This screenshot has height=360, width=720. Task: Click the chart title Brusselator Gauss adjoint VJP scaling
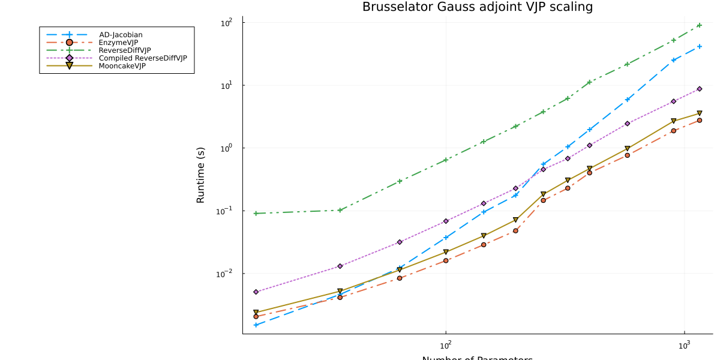(x=477, y=7)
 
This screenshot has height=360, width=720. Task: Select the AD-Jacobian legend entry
(x=121, y=35)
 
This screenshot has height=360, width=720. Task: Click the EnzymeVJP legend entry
(x=118, y=43)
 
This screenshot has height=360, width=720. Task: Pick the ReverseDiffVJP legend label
(x=124, y=50)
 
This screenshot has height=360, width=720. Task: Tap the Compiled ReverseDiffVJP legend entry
(x=143, y=58)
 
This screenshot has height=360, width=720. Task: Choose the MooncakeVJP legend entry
(x=122, y=66)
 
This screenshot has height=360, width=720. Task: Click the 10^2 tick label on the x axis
(x=445, y=346)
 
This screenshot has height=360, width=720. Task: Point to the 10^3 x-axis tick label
(x=683, y=346)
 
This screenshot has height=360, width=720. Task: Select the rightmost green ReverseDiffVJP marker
(x=700, y=25)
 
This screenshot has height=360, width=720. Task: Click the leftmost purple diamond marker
(x=256, y=292)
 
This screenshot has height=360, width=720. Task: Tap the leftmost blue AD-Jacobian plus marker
(x=256, y=325)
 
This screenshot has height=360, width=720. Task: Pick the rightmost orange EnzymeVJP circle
(x=700, y=121)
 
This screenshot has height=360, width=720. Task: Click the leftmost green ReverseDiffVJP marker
(x=256, y=214)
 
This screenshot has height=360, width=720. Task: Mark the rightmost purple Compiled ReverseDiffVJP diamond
(x=700, y=89)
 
